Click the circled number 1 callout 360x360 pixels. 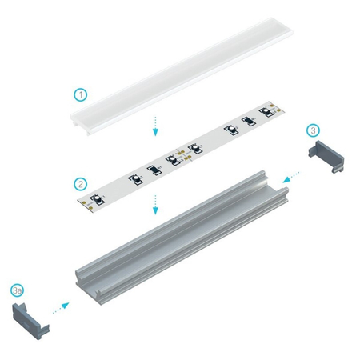pyautogui.click(x=80, y=95)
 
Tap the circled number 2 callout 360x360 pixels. pyautogui.click(x=80, y=184)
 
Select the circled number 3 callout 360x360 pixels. pyautogui.click(x=314, y=129)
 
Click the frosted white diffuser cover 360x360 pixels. pyautogui.click(x=180, y=72)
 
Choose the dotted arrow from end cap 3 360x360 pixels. pyautogui.click(x=292, y=173)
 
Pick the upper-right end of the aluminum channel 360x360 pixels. pyautogui.click(x=270, y=181)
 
